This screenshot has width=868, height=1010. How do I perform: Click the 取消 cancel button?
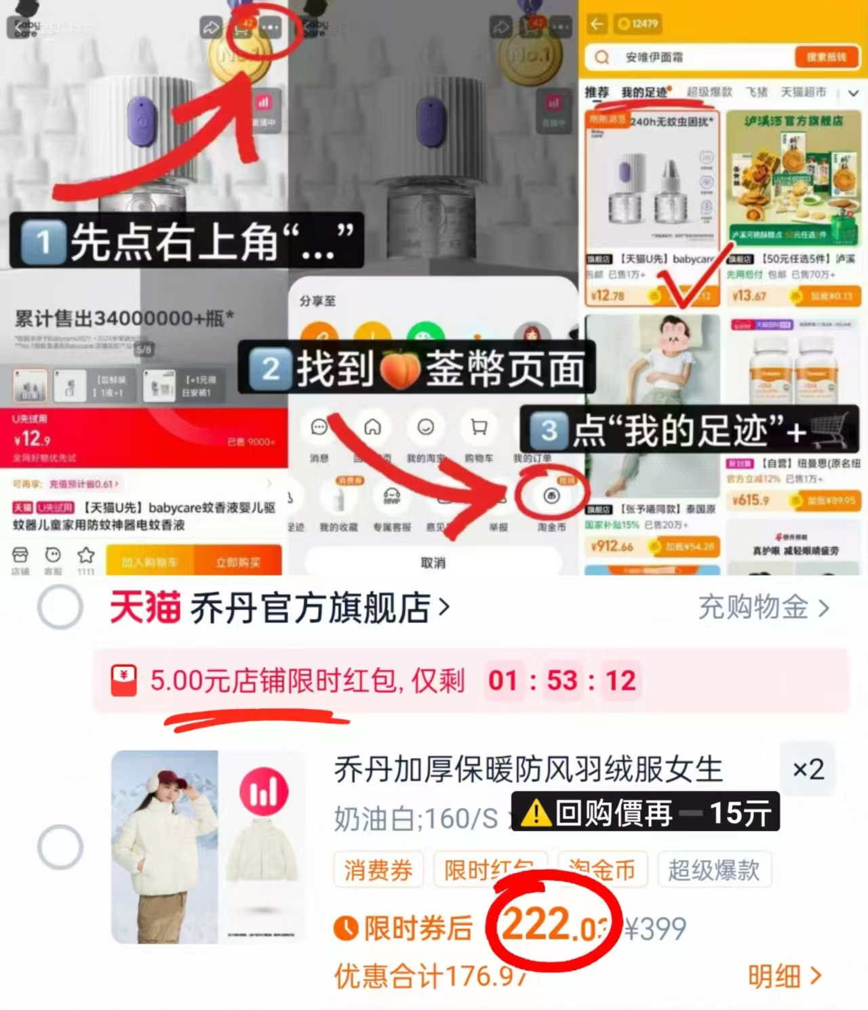tap(433, 563)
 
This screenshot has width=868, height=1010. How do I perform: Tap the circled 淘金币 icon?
tap(551, 496)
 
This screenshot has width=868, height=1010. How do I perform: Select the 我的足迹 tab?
tap(645, 92)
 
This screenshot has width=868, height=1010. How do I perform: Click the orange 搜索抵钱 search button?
tap(825, 58)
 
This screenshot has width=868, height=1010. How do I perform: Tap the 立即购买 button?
tap(238, 562)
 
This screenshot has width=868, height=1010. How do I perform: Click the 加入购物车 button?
tap(150, 562)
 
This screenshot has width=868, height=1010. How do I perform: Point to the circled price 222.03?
tap(553, 925)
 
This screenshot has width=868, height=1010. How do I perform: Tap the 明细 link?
tap(784, 976)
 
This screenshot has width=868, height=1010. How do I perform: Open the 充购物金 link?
tap(763, 607)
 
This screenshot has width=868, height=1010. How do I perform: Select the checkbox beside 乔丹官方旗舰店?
tap(60, 607)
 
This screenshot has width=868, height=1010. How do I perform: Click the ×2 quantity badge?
tap(808, 769)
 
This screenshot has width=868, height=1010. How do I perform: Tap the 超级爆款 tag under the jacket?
tap(713, 870)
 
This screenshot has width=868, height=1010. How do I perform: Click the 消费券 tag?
tap(378, 870)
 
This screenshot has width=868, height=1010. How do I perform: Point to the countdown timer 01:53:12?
tap(562, 681)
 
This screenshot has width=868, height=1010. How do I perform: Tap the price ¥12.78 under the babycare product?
tap(608, 296)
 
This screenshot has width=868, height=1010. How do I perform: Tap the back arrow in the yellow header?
tap(597, 24)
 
